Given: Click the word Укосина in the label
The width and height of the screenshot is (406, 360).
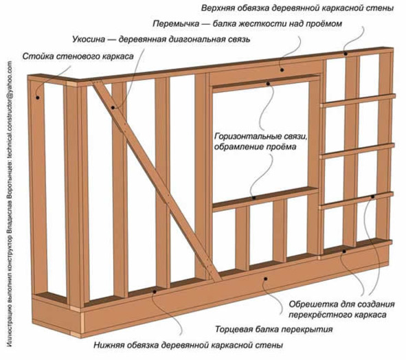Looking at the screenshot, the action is tap(89, 39).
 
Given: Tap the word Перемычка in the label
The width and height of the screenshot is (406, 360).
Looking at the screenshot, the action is tap(176, 24).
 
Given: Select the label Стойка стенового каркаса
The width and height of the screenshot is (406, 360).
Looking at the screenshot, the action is tap(78, 56).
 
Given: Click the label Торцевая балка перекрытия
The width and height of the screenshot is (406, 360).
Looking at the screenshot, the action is tap(274, 330).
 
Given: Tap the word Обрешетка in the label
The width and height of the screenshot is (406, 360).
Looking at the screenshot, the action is tap(308, 304).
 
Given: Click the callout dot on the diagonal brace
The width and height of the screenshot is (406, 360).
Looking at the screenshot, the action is tap(113, 107).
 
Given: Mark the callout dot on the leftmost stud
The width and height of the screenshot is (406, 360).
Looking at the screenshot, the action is tap(38, 98).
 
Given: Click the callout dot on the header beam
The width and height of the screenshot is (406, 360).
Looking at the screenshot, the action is tap(282, 70).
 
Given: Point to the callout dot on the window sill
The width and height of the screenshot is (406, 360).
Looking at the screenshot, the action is tap(254, 198).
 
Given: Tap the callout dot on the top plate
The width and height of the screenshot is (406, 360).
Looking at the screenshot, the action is tap(346, 54).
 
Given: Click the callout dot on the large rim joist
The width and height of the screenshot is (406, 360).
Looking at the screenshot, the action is tap(265, 279).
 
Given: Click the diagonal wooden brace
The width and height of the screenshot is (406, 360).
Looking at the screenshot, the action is tap(156, 179).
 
